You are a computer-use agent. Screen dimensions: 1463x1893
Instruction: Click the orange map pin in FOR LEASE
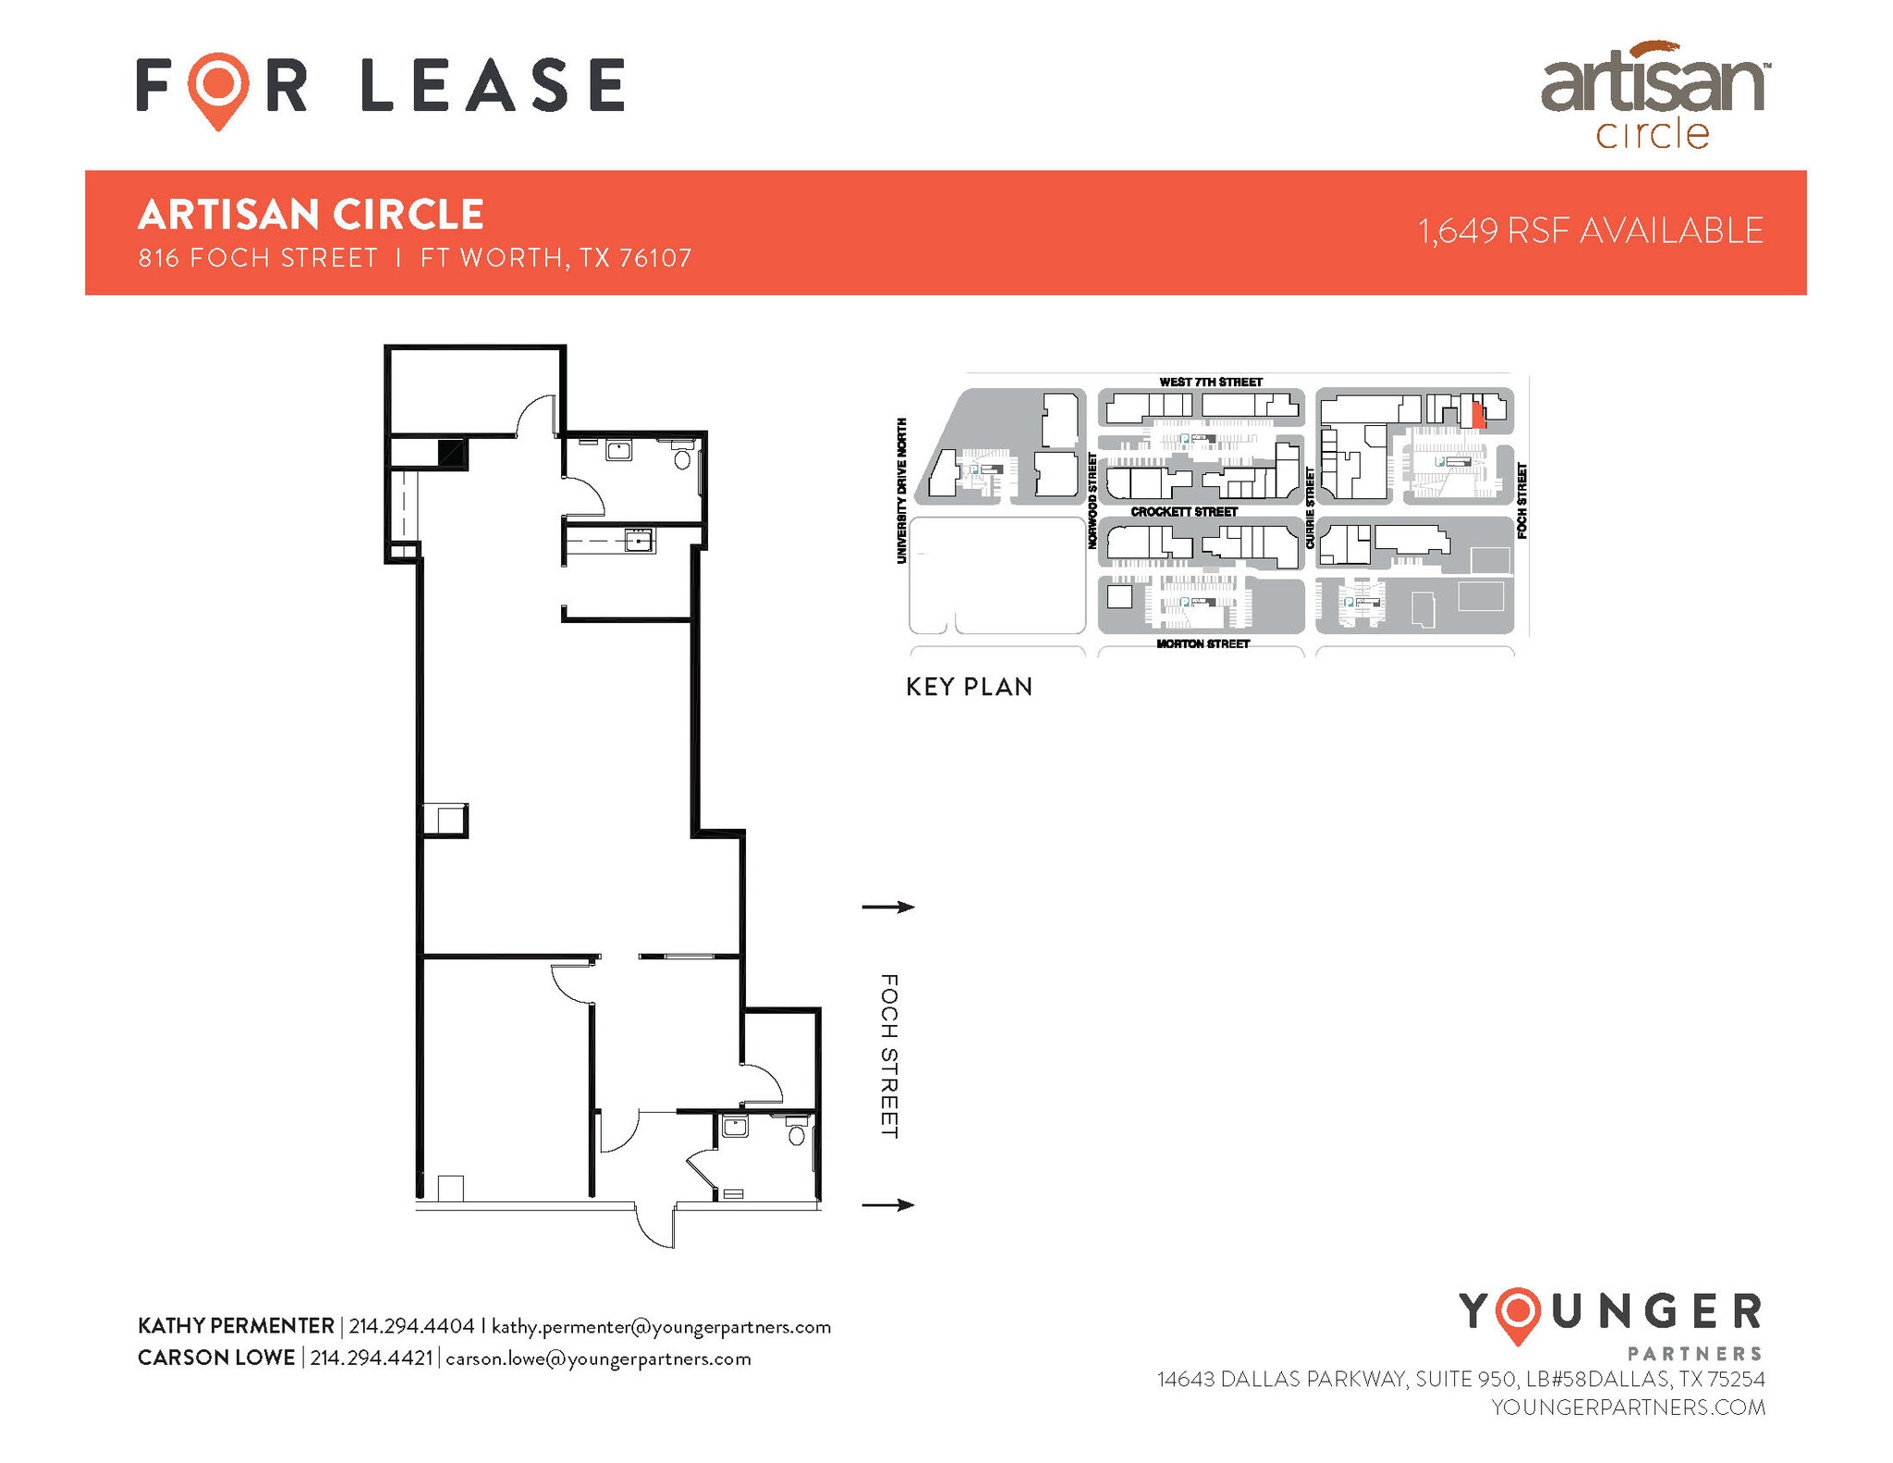coord(218,89)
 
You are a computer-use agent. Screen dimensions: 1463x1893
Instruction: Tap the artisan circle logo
coord(1654,95)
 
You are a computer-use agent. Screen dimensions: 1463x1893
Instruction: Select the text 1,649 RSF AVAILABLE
coord(1591,231)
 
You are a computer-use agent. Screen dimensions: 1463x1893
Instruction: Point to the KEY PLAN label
coord(969,687)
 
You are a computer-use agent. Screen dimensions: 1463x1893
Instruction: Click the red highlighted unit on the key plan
coord(1477,411)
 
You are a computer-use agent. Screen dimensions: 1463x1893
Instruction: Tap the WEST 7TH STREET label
coord(1211,382)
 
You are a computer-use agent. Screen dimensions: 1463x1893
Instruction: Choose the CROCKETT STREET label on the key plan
coord(1184,511)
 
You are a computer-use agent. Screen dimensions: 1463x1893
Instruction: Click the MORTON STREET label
coord(1203,643)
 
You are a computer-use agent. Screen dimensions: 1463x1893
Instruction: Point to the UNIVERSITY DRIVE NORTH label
coord(902,490)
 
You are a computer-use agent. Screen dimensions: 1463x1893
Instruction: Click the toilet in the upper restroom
coord(683,457)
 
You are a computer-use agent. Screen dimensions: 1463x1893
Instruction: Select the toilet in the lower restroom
coord(797,1133)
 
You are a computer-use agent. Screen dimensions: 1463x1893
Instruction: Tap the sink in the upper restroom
coord(617,451)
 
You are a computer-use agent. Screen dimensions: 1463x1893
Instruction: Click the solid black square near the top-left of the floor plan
coord(453,453)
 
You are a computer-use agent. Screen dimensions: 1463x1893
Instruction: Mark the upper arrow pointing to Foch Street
coord(888,907)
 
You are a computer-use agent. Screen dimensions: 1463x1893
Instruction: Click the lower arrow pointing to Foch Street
coord(888,1204)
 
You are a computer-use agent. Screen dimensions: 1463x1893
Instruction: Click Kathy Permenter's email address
coord(661,1327)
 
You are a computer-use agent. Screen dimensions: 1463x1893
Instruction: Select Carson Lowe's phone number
coord(372,1359)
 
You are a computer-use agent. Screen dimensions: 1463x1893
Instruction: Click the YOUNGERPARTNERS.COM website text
coord(1628,1407)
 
